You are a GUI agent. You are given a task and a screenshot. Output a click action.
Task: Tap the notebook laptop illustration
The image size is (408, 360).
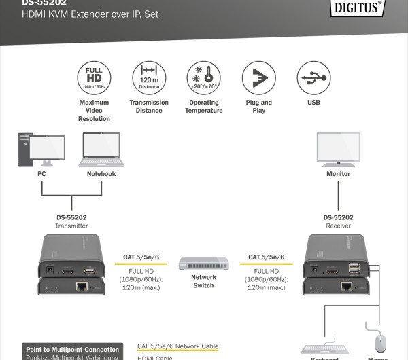click(x=101, y=150)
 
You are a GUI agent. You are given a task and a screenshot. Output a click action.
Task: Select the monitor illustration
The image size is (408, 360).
click(x=338, y=149)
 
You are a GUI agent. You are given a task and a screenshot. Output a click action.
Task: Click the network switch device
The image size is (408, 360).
click(x=203, y=263)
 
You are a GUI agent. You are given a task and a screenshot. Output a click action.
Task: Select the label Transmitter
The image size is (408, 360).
click(x=71, y=226)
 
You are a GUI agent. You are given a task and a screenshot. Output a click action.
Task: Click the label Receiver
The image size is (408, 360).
click(x=338, y=226)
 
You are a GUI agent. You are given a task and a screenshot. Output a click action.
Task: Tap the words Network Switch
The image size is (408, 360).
click(x=203, y=281)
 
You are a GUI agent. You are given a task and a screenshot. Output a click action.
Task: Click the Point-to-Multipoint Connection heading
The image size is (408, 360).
click(x=72, y=350)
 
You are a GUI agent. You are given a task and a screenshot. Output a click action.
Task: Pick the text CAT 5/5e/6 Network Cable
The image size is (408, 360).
click(x=177, y=346)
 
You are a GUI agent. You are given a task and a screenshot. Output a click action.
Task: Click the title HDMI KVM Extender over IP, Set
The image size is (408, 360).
click(x=90, y=14)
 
